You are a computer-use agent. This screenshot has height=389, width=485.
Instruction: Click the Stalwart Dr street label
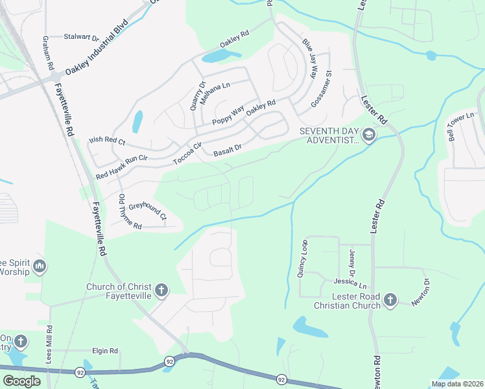[81, 37]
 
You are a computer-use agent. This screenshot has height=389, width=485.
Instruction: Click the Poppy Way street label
[228, 116]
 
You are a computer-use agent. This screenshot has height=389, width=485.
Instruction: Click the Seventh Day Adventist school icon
[369, 135]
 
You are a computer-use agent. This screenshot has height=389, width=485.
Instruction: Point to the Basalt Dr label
[228, 151]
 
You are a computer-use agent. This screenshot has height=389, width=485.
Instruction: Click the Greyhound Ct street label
[147, 211]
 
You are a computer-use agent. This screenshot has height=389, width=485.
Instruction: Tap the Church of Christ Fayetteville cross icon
[161, 290]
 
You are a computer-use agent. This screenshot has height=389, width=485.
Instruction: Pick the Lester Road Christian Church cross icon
[390, 300]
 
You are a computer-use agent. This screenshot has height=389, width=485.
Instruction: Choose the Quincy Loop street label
[302, 259]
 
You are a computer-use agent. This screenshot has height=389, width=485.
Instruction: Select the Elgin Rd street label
[104, 351]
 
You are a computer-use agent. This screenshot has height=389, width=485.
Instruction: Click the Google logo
[21, 381]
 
